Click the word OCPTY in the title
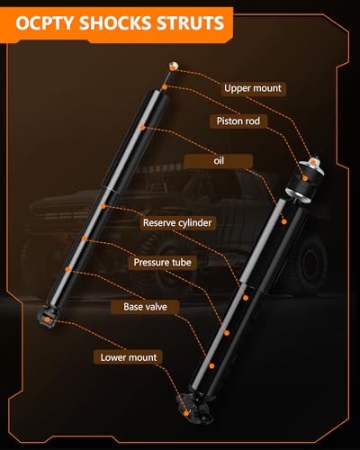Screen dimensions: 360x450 45,23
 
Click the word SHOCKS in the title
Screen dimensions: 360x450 115,23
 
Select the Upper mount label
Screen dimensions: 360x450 253,88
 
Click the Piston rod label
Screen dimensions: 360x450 238,121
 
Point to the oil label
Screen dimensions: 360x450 219,161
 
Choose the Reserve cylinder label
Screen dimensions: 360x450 177,222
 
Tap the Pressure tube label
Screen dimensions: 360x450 162,262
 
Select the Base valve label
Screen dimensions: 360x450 145,307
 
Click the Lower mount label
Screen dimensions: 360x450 129,357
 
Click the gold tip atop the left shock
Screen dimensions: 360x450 173,67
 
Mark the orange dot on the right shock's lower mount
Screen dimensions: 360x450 186,413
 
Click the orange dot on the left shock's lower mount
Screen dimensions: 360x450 48,319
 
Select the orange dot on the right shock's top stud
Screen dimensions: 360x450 314,162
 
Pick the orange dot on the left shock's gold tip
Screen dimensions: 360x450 172,67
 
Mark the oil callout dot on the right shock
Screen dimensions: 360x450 284,221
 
